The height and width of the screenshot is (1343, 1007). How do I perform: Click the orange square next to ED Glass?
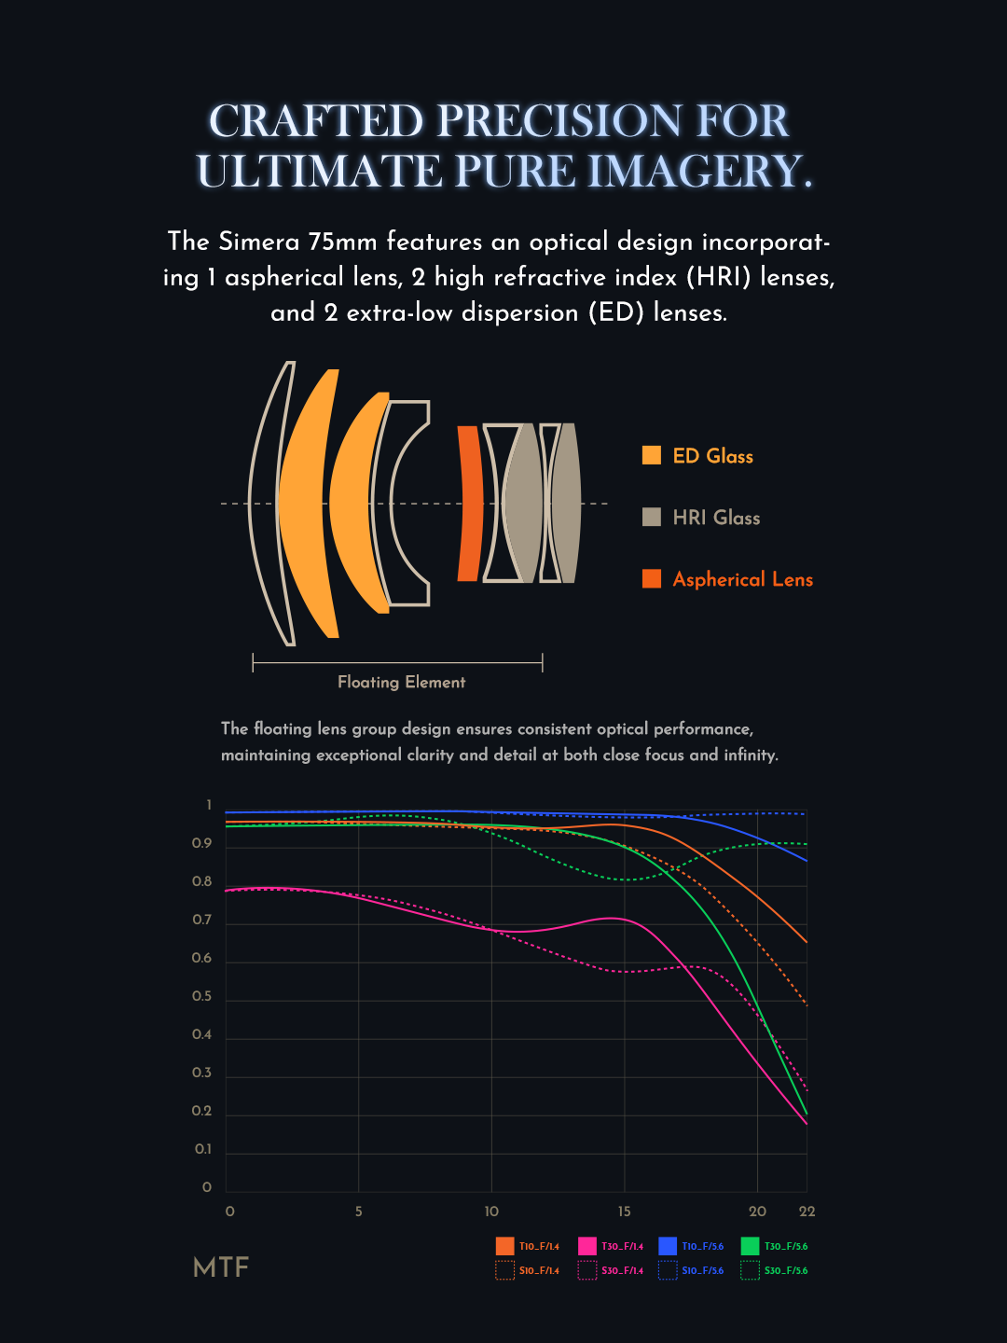(x=652, y=455)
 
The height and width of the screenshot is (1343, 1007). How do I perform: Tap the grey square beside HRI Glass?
(x=652, y=517)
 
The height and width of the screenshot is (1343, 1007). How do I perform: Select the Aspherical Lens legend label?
(x=742, y=579)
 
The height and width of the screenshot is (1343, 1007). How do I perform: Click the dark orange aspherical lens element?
(x=470, y=504)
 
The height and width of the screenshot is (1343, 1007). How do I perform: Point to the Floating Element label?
(x=401, y=682)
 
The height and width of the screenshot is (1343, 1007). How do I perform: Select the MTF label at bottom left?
(x=221, y=1267)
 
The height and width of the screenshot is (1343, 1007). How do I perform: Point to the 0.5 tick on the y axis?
(x=201, y=996)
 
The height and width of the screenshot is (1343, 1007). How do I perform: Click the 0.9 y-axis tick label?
(x=201, y=843)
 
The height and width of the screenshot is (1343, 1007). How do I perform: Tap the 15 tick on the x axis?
(x=624, y=1211)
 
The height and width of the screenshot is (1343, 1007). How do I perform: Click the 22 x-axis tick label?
(x=807, y=1211)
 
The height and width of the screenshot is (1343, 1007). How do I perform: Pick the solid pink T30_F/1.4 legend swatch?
(x=586, y=1246)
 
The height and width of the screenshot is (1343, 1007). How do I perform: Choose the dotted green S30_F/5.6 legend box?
(x=750, y=1270)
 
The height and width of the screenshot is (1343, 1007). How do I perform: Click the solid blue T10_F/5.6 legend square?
(x=668, y=1246)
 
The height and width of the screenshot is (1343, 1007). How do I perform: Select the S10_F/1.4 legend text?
(x=539, y=1270)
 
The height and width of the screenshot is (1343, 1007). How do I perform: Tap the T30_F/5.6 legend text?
(x=786, y=1246)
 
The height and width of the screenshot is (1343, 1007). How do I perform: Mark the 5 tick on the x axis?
(x=358, y=1211)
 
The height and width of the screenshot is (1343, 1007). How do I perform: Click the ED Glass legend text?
(x=712, y=456)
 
